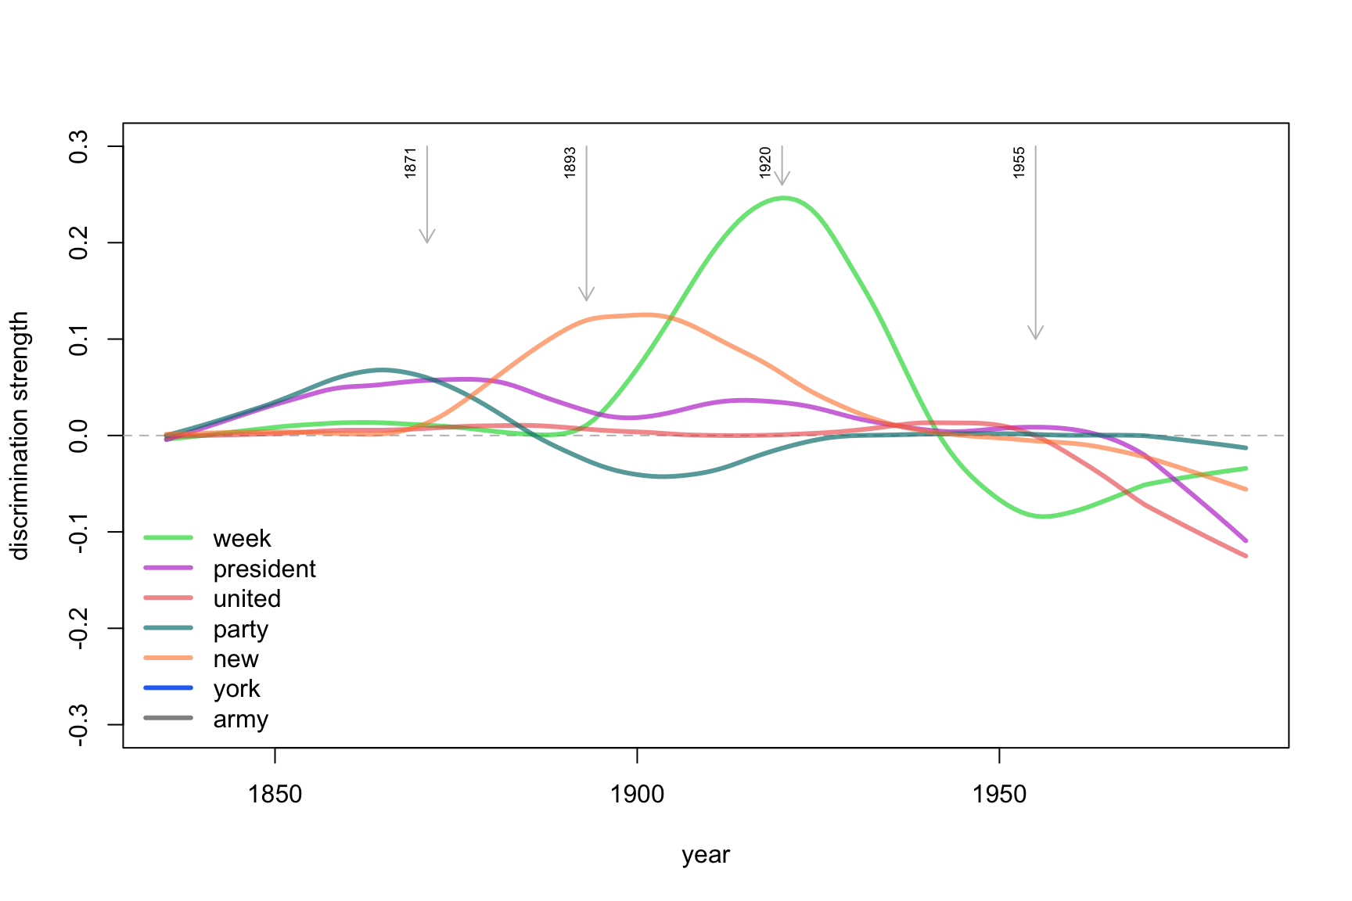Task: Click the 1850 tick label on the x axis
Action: (275, 795)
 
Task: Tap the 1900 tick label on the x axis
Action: (637, 795)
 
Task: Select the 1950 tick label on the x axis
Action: (999, 795)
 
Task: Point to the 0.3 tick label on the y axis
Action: (79, 147)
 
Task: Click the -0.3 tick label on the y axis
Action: (79, 725)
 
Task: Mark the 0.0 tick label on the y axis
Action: (79, 436)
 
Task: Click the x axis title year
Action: (706, 855)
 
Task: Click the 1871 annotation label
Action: (411, 163)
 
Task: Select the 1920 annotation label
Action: (765, 163)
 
